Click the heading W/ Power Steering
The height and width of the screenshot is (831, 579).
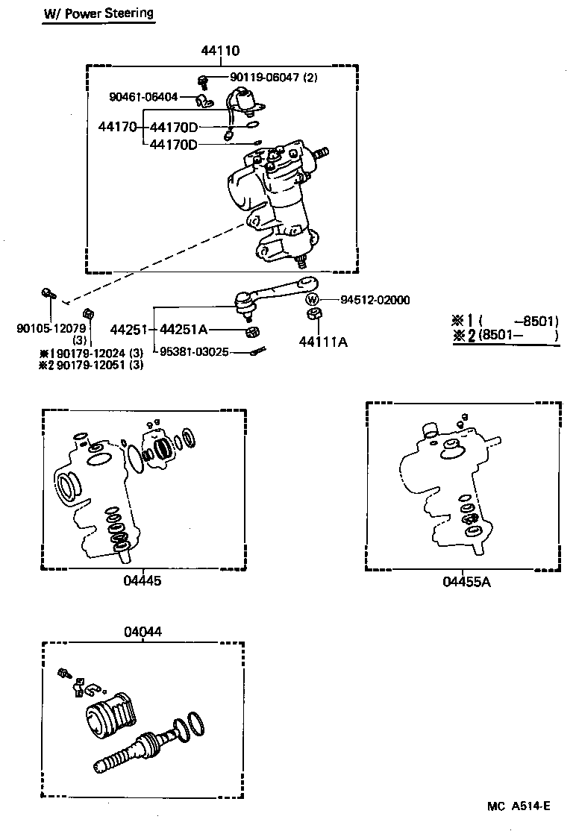pos(98,13)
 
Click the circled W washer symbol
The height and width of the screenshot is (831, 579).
pos(313,300)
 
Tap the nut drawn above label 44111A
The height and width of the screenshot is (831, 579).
pos(313,315)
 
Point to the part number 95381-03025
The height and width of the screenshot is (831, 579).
pos(195,351)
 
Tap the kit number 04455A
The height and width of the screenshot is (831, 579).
pos(466,582)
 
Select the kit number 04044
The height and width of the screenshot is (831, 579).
pos(143,632)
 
